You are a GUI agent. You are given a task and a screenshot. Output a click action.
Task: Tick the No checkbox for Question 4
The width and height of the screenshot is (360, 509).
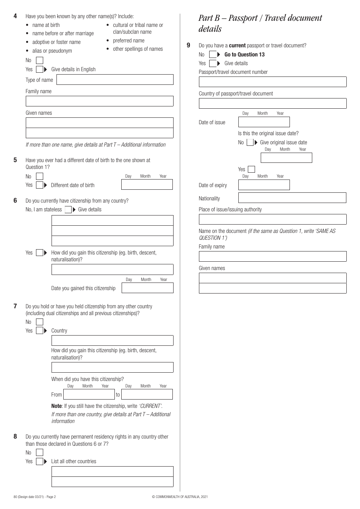click(x=39, y=61)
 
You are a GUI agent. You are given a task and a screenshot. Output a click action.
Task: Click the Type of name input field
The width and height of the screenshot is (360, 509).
click(x=115, y=80)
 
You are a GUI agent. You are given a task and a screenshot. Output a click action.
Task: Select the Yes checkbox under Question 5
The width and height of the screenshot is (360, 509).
click(x=39, y=185)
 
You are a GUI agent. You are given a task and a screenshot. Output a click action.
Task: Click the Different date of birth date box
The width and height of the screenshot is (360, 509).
click(x=147, y=184)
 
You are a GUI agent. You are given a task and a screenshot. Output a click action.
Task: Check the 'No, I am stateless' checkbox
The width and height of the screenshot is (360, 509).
click(x=68, y=210)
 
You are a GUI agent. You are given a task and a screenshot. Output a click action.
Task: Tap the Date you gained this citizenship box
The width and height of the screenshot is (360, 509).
click(x=147, y=288)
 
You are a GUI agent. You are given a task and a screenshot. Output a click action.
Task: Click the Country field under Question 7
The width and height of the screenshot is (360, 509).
click(x=112, y=340)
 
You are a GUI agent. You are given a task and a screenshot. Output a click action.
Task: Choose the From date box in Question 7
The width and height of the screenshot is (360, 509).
click(x=89, y=394)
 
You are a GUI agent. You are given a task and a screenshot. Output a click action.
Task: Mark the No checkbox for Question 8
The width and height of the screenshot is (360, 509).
click(x=39, y=453)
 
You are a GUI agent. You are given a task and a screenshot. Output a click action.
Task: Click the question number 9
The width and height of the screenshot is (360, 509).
click(x=188, y=45)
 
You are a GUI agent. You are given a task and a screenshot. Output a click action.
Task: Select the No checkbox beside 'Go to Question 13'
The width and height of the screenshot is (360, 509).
click(x=213, y=55)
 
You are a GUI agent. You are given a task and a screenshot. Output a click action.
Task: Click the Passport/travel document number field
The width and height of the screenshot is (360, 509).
click(x=272, y=82)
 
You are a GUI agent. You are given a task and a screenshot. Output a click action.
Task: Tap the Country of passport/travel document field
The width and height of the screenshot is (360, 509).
click(x=272, y=103)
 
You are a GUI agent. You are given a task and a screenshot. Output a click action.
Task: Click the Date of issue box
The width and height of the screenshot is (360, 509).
click(x=264, y=122)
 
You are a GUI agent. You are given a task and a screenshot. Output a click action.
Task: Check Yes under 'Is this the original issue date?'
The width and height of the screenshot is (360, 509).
click(x=251, y=169)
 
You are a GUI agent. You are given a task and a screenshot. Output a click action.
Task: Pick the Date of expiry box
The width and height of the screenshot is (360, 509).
click(x=264, y=185)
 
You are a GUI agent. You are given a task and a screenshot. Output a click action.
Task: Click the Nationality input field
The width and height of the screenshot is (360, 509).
click(x=292, y=198)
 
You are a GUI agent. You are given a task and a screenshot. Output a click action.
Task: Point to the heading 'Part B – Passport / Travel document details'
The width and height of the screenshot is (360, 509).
click(x=260, y=23)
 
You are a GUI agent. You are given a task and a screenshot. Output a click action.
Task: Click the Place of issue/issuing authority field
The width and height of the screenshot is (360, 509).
click(x=272, y=219)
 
